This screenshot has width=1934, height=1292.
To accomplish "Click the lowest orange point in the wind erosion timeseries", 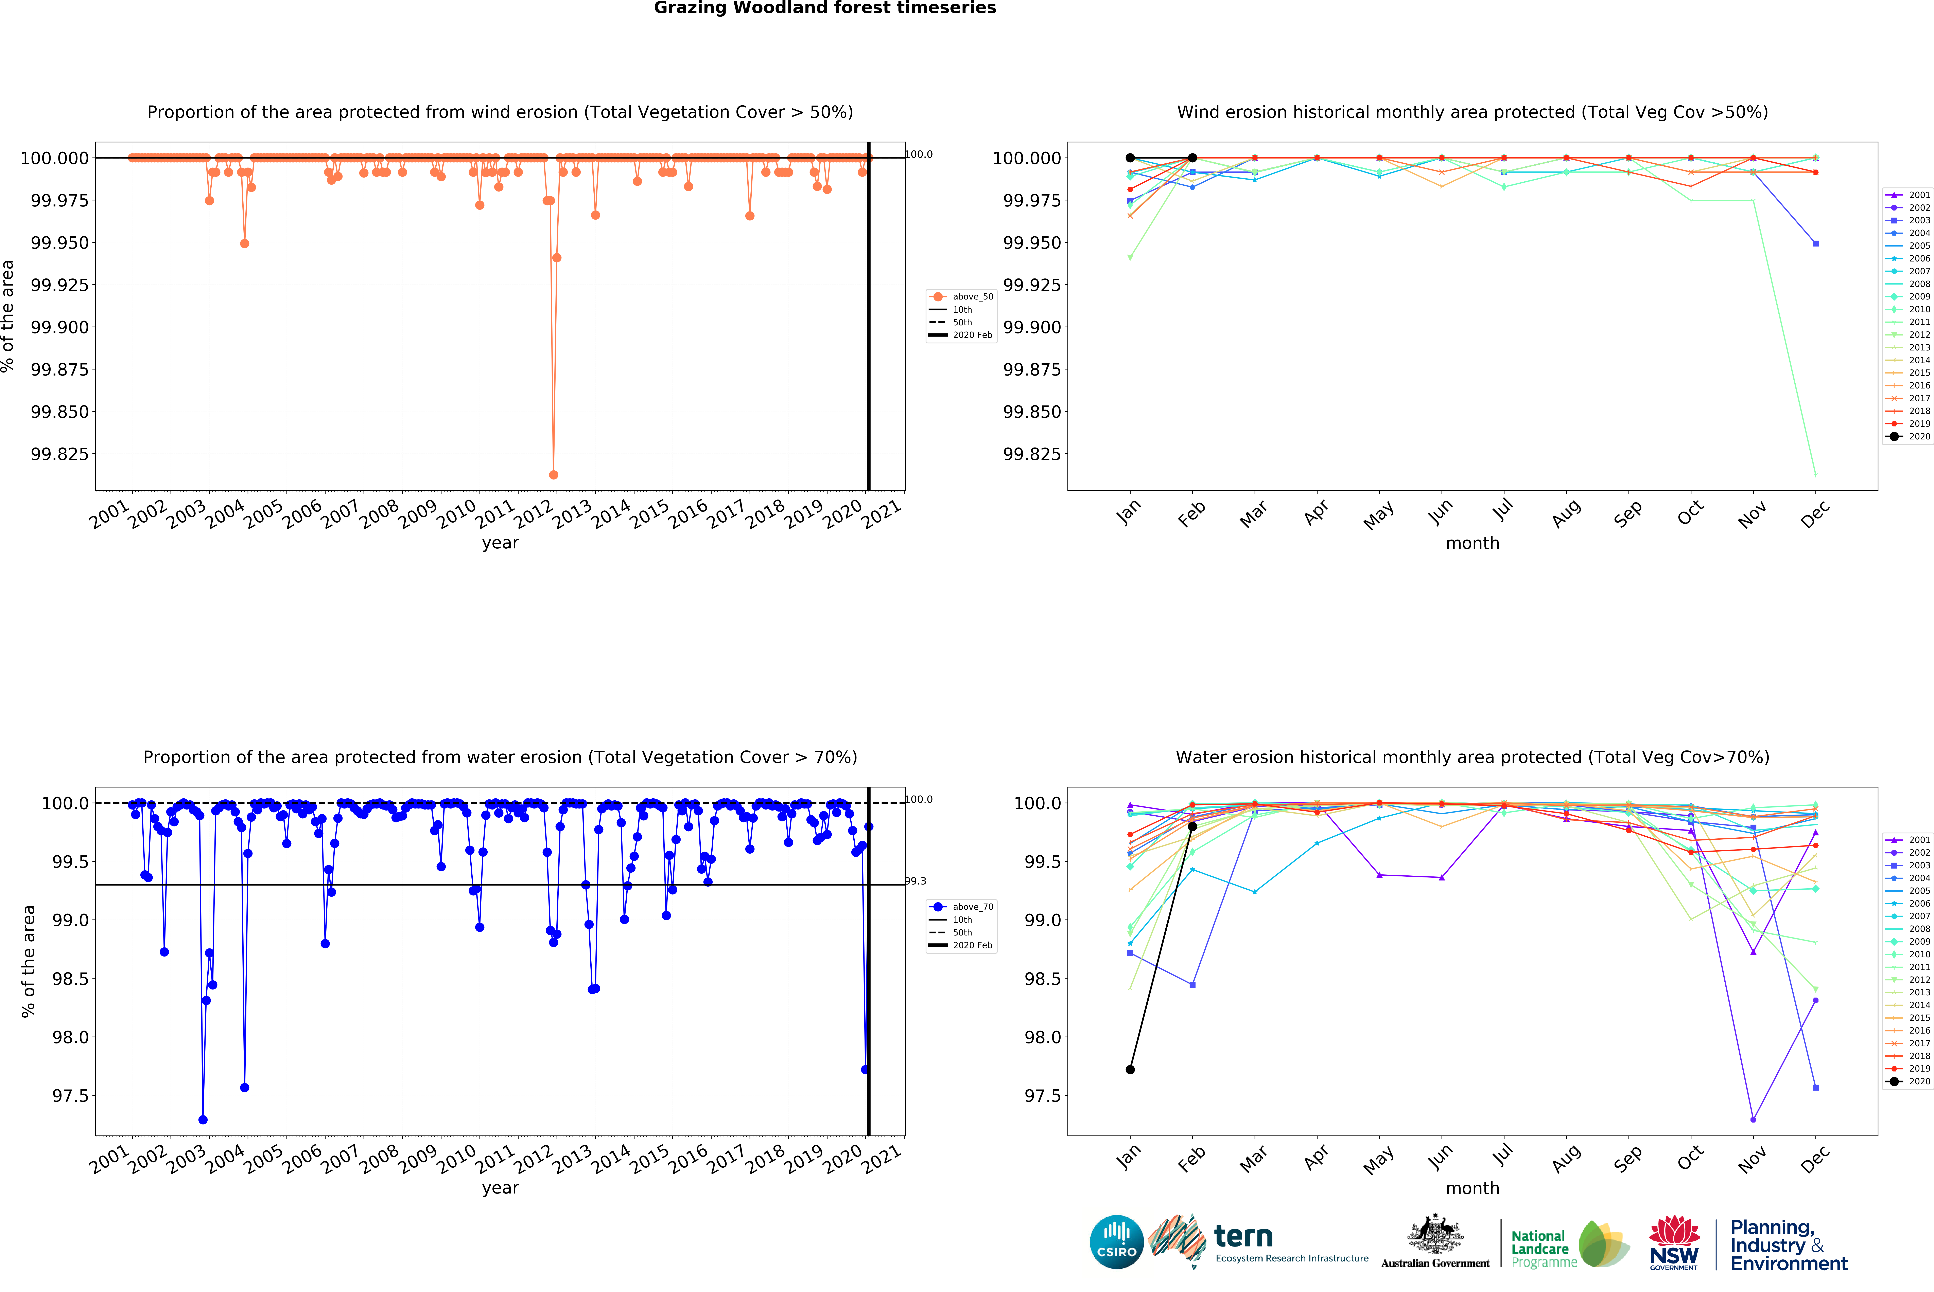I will (553, 475).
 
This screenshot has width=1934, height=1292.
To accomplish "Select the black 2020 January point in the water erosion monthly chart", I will (1130, 1070).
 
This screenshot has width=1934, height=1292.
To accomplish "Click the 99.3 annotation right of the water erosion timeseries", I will (916, 881).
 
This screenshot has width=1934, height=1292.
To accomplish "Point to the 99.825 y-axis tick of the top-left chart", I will (59, 454).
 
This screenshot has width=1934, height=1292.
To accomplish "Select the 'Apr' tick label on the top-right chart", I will (1317, 513).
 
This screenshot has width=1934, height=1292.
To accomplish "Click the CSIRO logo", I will (1116, 1242).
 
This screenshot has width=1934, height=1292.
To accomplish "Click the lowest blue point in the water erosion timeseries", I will (203, 1120).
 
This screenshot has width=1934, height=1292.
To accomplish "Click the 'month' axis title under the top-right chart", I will (1472, 543).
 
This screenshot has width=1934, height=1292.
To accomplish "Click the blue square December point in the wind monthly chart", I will (1815, 244).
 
